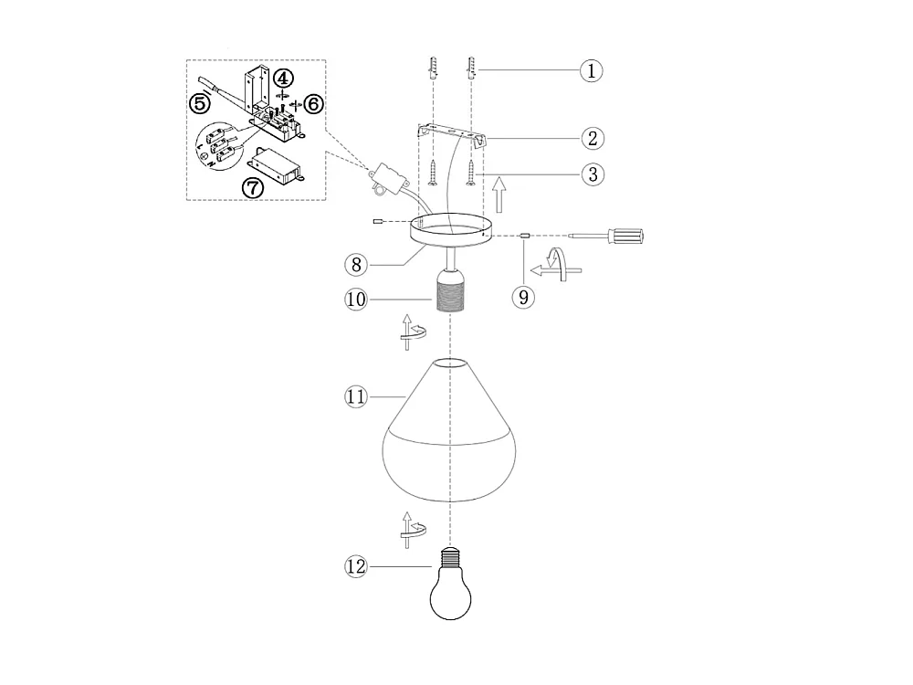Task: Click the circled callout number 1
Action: [593, 70]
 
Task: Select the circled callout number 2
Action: [593, 139]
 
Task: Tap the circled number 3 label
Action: [593, 174]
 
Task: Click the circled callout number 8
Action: [357, 265]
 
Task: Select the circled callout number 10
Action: [356, 298]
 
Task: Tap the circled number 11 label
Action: [355, 396]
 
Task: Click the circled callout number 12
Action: [356, 567]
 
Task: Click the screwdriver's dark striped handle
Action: [630, 236]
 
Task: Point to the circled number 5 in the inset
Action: [200, 102]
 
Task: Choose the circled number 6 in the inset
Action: [313, 104]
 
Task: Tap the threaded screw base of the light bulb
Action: [451, 557]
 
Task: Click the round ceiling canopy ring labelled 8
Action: [446, 230]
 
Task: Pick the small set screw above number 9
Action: [524, 236]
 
